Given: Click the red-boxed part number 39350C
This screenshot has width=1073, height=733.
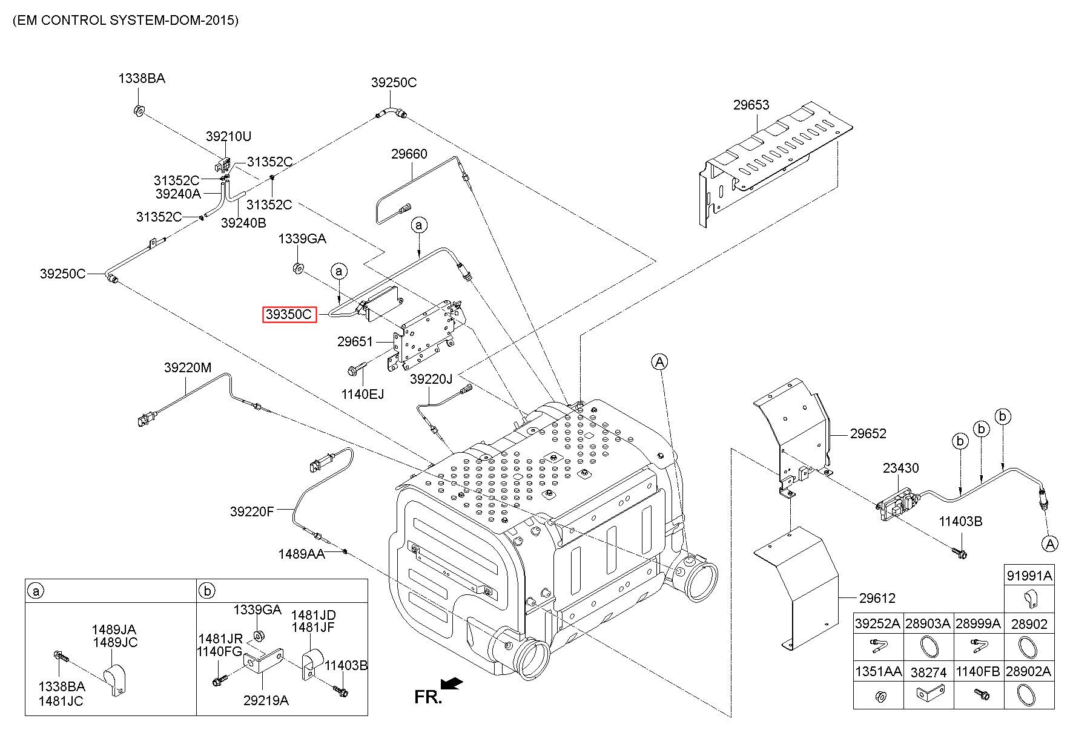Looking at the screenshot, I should [x=289, y=315].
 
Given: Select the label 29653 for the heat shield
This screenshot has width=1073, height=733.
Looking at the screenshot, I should [x=751, y=105].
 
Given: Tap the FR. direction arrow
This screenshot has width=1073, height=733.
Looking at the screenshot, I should [x=451, y=683].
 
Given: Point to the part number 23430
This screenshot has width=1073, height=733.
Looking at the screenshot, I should [x=900, y=468].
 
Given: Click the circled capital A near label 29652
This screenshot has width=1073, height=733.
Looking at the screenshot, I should [x=659, y=362].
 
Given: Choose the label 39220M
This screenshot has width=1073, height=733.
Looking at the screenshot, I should [x=188, y=367].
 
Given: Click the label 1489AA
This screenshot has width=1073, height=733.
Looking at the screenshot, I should [x=302, y=554].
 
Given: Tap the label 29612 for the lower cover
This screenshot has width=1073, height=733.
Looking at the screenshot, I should [x=877, y=598].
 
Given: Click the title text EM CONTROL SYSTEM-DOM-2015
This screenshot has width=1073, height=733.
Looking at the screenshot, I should [x=125, y=20].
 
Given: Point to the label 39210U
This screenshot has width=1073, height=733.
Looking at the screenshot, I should [x=228, y=137].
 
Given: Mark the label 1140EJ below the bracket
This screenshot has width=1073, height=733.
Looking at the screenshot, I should [x=363, y=394].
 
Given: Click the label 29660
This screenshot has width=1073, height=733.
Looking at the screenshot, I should [x=409, y=154].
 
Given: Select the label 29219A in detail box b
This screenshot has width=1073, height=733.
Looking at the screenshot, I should [x=266, y=700].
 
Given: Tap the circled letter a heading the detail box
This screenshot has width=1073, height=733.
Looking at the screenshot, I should [x=36, y=591].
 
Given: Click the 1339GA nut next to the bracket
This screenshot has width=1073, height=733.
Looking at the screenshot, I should [x=297, y=268].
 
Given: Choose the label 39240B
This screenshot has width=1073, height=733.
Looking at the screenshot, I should [x=243, y=223].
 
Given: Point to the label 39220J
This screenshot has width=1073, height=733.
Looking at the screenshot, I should [x=431, y=379].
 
